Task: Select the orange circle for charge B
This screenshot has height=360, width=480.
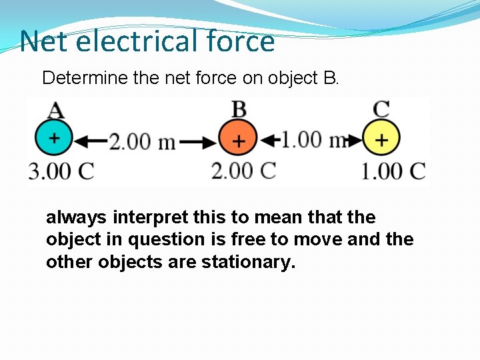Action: coord(238,140)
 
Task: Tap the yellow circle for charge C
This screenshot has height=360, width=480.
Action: coord(381,140)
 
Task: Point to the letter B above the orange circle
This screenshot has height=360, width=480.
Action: coord(238,109)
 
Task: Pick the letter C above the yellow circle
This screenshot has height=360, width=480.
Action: coord(381,109)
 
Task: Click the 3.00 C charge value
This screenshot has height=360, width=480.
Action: coord(61,171)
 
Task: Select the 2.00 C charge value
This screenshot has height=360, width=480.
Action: coord(243,171)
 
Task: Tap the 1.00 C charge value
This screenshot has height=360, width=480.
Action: coord(393,171)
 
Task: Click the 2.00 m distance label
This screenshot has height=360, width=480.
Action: coord(142,141)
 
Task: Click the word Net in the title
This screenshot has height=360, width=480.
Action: coord(45,41)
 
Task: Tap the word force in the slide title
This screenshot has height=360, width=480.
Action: coord(239,41)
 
